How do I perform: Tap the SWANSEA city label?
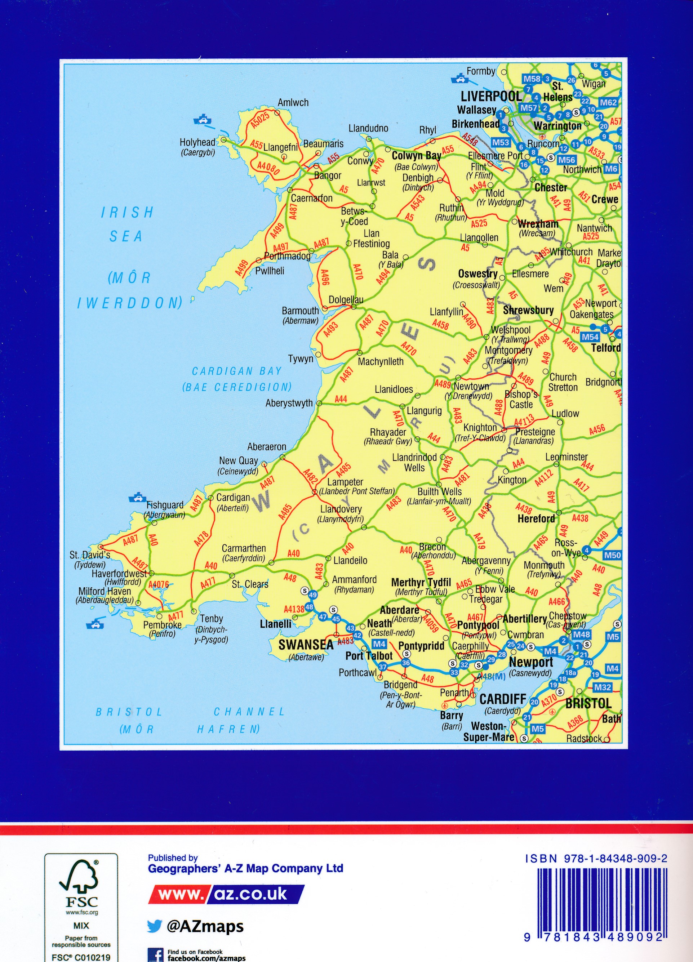(x=306, y=645)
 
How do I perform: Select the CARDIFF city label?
(x=503, y=699)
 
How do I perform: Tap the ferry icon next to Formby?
(x=458, y=79)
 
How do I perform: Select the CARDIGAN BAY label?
(x=237, y=371)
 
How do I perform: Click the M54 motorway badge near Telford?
(x=590, y=337)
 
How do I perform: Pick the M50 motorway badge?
(x=612, y=555)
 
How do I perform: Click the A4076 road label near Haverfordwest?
(x=158, y=585)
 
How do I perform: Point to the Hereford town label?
(x=536, y=519)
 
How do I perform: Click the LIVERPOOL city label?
(x=491, y=96)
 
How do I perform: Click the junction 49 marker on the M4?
(x=312, y=595)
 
